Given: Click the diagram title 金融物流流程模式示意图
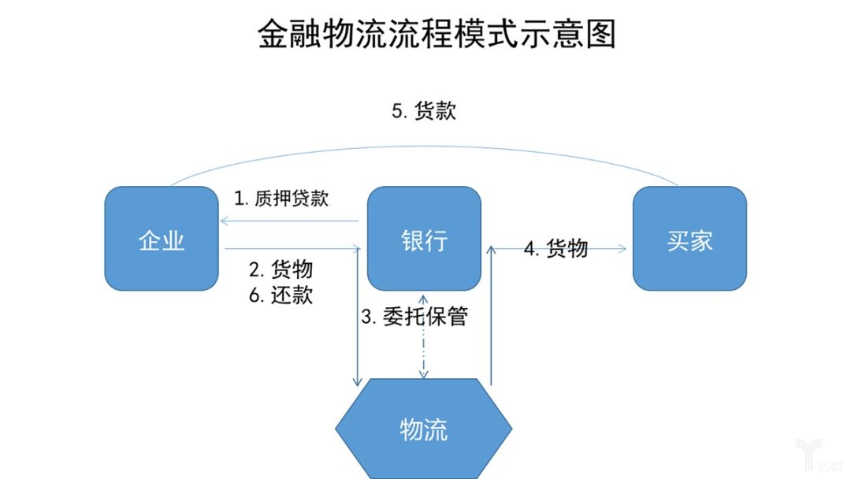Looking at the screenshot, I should (x=437, y=35).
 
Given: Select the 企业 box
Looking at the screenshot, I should (x=162, y=239).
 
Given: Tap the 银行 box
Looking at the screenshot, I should (x=424, y=239).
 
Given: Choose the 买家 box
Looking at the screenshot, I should (x=689, y=239).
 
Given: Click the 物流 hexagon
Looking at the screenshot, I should (x=424, y=429).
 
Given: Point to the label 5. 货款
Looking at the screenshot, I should (x=424, y=111).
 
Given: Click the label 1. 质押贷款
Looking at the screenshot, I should (x=281, y=198).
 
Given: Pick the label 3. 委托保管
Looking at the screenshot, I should (x=414, y=317).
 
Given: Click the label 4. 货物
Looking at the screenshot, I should (x=556, y=248).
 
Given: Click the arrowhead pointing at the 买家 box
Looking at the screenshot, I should (x=623, y=249).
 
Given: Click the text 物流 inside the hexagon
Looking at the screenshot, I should (x=424, y=429).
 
